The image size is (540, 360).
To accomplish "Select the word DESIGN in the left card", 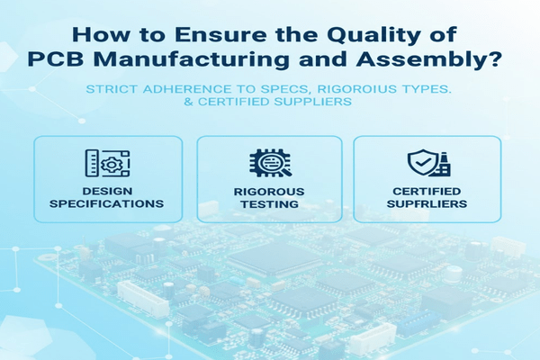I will (109, 191).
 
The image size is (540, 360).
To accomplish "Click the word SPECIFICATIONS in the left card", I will (109, 203).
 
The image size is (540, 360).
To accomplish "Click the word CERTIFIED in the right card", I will (426, 191).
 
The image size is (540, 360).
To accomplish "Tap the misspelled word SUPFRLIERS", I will (426, 203).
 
